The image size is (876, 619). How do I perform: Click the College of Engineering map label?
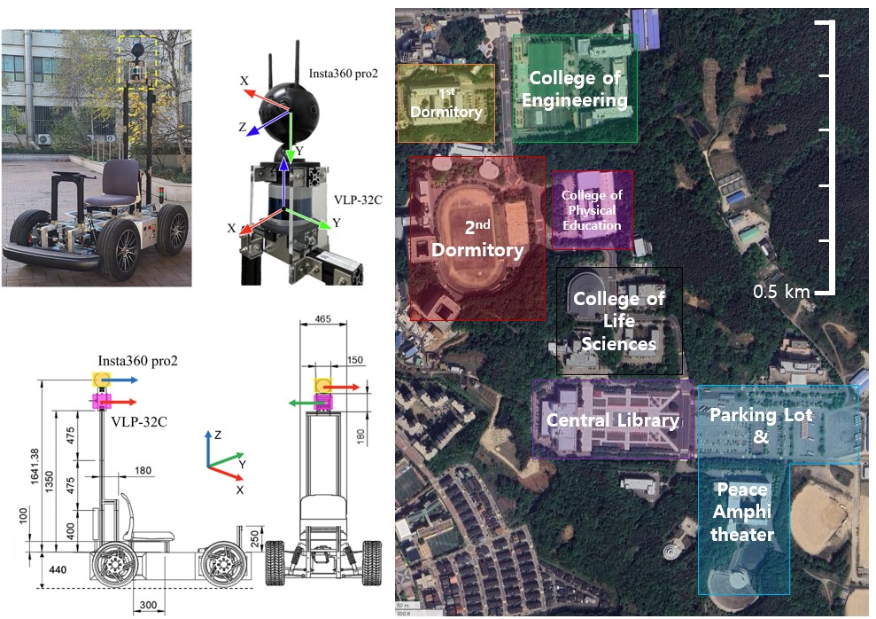pos(574,89)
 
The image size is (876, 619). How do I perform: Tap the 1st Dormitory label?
pos(446,103)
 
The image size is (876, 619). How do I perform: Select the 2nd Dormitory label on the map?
pos(477,239)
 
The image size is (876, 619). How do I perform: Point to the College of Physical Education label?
pos(592,210)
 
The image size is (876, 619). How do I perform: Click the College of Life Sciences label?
pos(618,321)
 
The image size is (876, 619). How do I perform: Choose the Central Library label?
pos(612,420)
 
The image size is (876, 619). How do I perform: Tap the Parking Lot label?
pos(761,415)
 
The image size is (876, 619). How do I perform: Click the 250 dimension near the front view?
pos(254,539)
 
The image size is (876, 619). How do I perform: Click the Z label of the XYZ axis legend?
pos(206,435)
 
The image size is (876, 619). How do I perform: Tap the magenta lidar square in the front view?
pos(322,402)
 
